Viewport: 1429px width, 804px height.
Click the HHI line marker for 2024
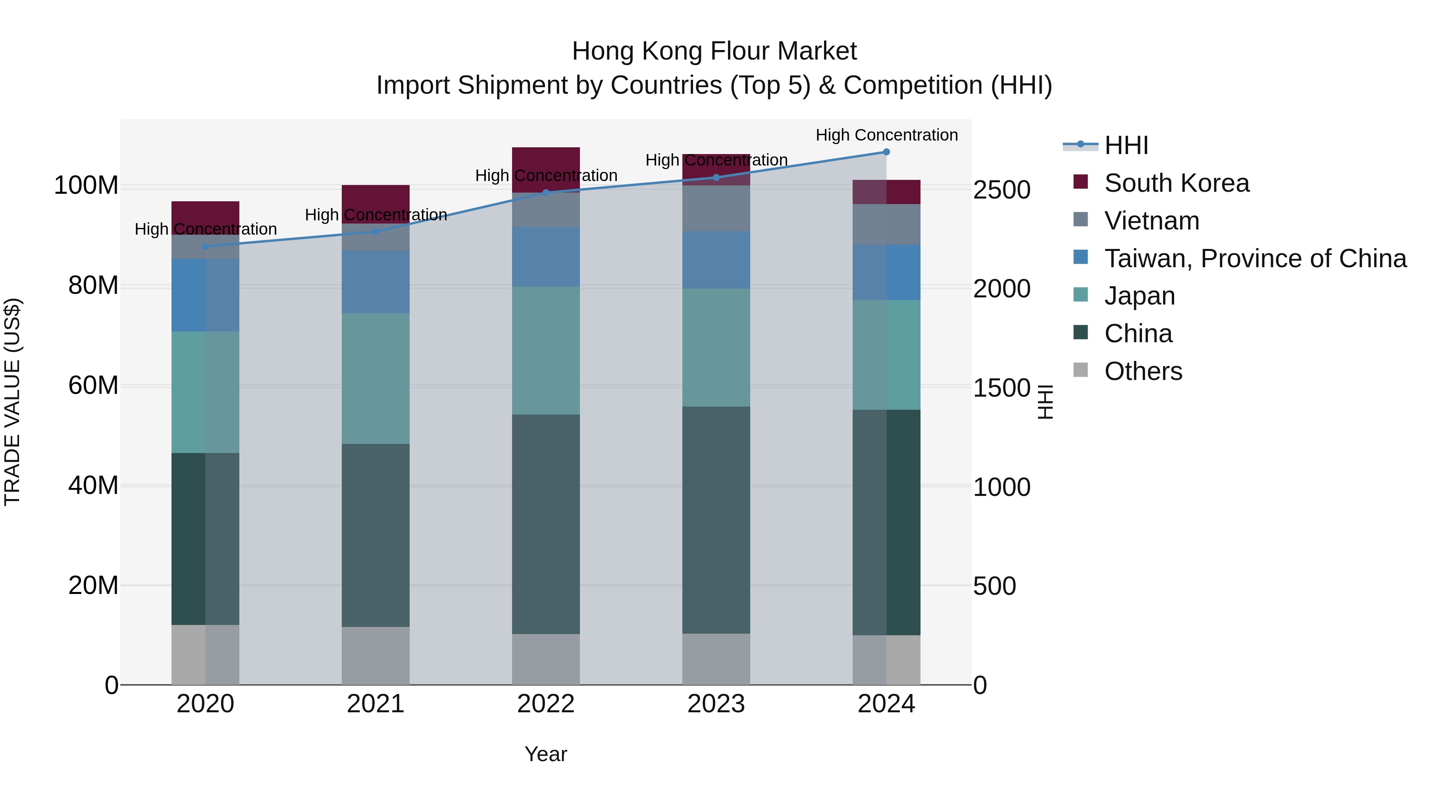pyautogui.click(x=886, y=152)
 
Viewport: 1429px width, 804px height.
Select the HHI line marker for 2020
pyautogui.click(x=205, y=246)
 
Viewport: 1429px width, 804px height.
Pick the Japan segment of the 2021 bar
pyautogui.click(x=376, y=378)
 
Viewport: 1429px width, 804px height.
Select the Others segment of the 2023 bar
pyautogui.click(x=716, y=659)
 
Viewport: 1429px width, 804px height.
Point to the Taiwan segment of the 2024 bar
pyautogui.click(x=886, y=272)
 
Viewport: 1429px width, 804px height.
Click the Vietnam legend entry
pyautogui.click(x=1151, y=221)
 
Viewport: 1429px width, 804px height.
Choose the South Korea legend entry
pyautogui.click(x=1176, y=183)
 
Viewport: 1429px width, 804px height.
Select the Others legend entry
pyautogui.click(x=1143, y=371)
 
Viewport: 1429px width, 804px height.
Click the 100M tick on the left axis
pyautogui.click(x=86, y=185)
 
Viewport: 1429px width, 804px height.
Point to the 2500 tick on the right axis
pyautogui.click(x=1002, y=190)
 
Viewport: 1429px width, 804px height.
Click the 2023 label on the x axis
pyautogui.click(x=716, y=704)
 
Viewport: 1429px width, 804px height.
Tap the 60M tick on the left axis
pyautogui.click(x=93, y=385)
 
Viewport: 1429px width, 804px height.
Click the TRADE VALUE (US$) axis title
pyautogui.click(x=12, y=402)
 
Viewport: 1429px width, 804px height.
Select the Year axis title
pyautogui.click(x=545, y=754)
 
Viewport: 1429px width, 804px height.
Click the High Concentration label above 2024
pyautogui.click(x=886, y=135)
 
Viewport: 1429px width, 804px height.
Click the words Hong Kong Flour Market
pyautogui.click(x=714, y=51)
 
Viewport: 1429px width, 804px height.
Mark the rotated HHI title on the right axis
pyautogui.click(x=1045, y=402)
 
